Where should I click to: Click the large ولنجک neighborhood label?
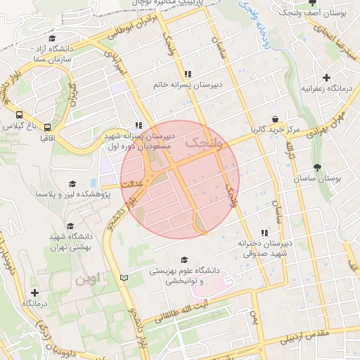203,143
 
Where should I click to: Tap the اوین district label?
89,278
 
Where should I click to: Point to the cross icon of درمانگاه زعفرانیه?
326,77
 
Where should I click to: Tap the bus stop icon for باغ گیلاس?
18,115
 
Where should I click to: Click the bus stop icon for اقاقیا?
47,127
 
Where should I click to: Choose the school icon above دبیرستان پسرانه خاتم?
187,73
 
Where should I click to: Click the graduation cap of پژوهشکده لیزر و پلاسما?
70,184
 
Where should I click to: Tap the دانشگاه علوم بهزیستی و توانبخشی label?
184,275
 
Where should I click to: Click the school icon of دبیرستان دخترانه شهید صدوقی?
264,233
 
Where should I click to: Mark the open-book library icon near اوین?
124,279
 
